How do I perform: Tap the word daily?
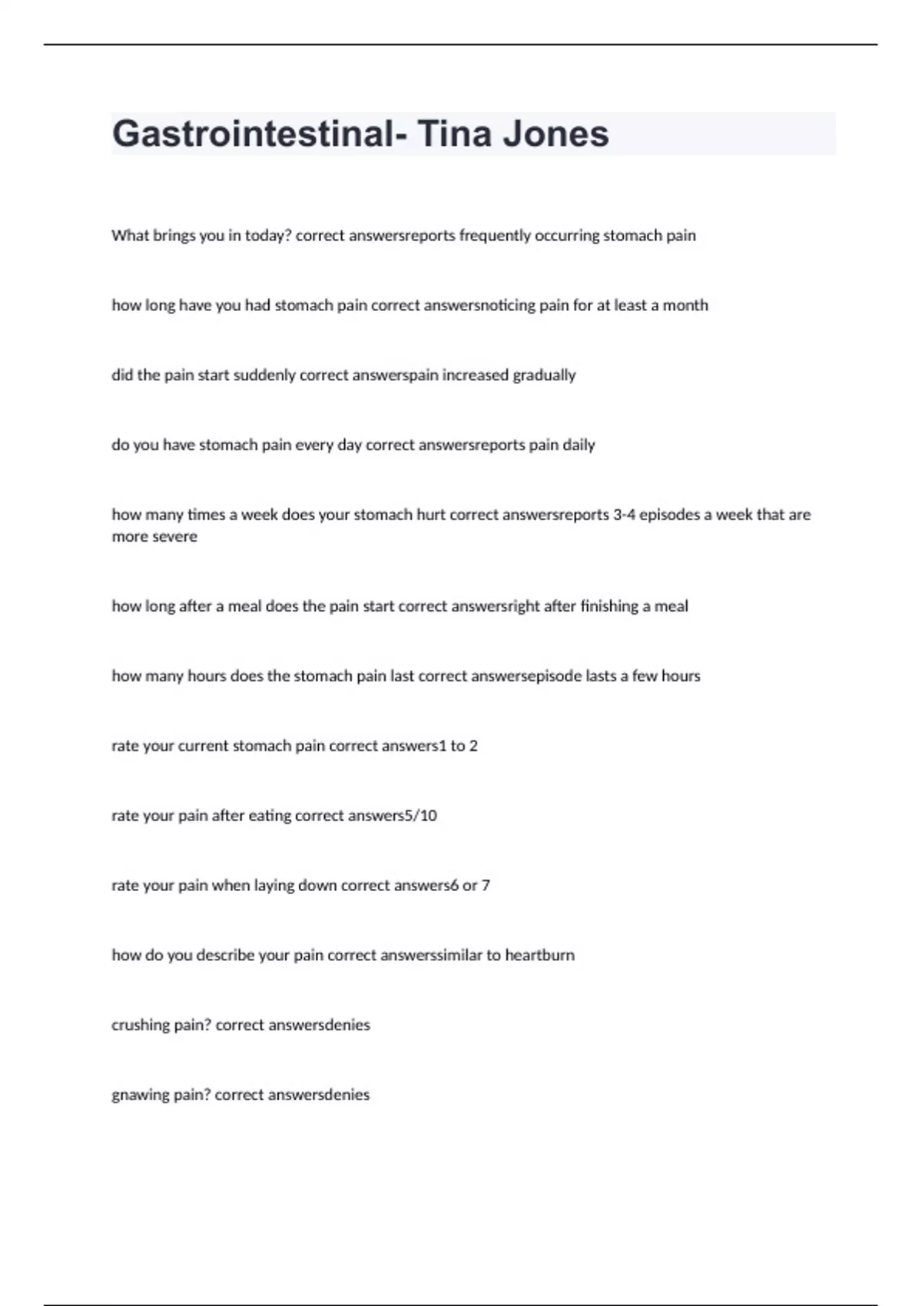click(579, 445)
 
